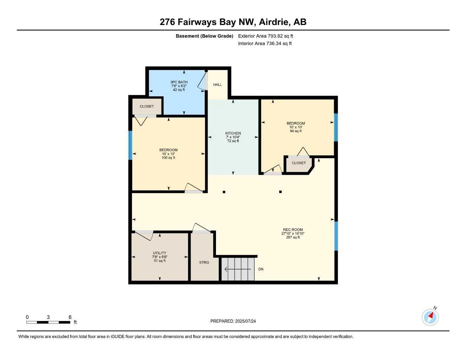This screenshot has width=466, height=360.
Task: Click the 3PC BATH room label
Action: click(179, 82)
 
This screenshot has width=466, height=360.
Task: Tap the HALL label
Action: click(217, 85)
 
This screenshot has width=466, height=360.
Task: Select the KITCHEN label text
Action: click(233, 133)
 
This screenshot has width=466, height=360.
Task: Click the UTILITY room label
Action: click(159, 253)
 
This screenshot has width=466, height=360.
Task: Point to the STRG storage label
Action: click(204, 263)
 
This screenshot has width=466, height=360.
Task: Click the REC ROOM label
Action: click(293, 230)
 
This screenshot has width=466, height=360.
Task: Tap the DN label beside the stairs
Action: click(261, 269)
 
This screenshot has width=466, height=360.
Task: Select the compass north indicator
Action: click(430, 317)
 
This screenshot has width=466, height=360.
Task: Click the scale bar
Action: click(49, 322)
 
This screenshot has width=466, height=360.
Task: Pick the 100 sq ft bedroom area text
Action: click(168, 158)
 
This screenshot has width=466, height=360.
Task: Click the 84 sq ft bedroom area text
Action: click(296, 131)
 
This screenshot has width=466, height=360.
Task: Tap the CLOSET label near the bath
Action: click(147, 107)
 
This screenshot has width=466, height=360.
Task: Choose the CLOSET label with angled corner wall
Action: click(299, 163)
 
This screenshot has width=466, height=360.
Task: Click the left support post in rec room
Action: click(224, 192)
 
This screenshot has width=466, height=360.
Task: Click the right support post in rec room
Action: click(280, 192)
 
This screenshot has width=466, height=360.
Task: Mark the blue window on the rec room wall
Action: click(336, 236)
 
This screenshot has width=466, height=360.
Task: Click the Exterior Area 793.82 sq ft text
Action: click(266, 36)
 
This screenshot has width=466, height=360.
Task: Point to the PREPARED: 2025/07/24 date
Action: click(233, 321)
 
